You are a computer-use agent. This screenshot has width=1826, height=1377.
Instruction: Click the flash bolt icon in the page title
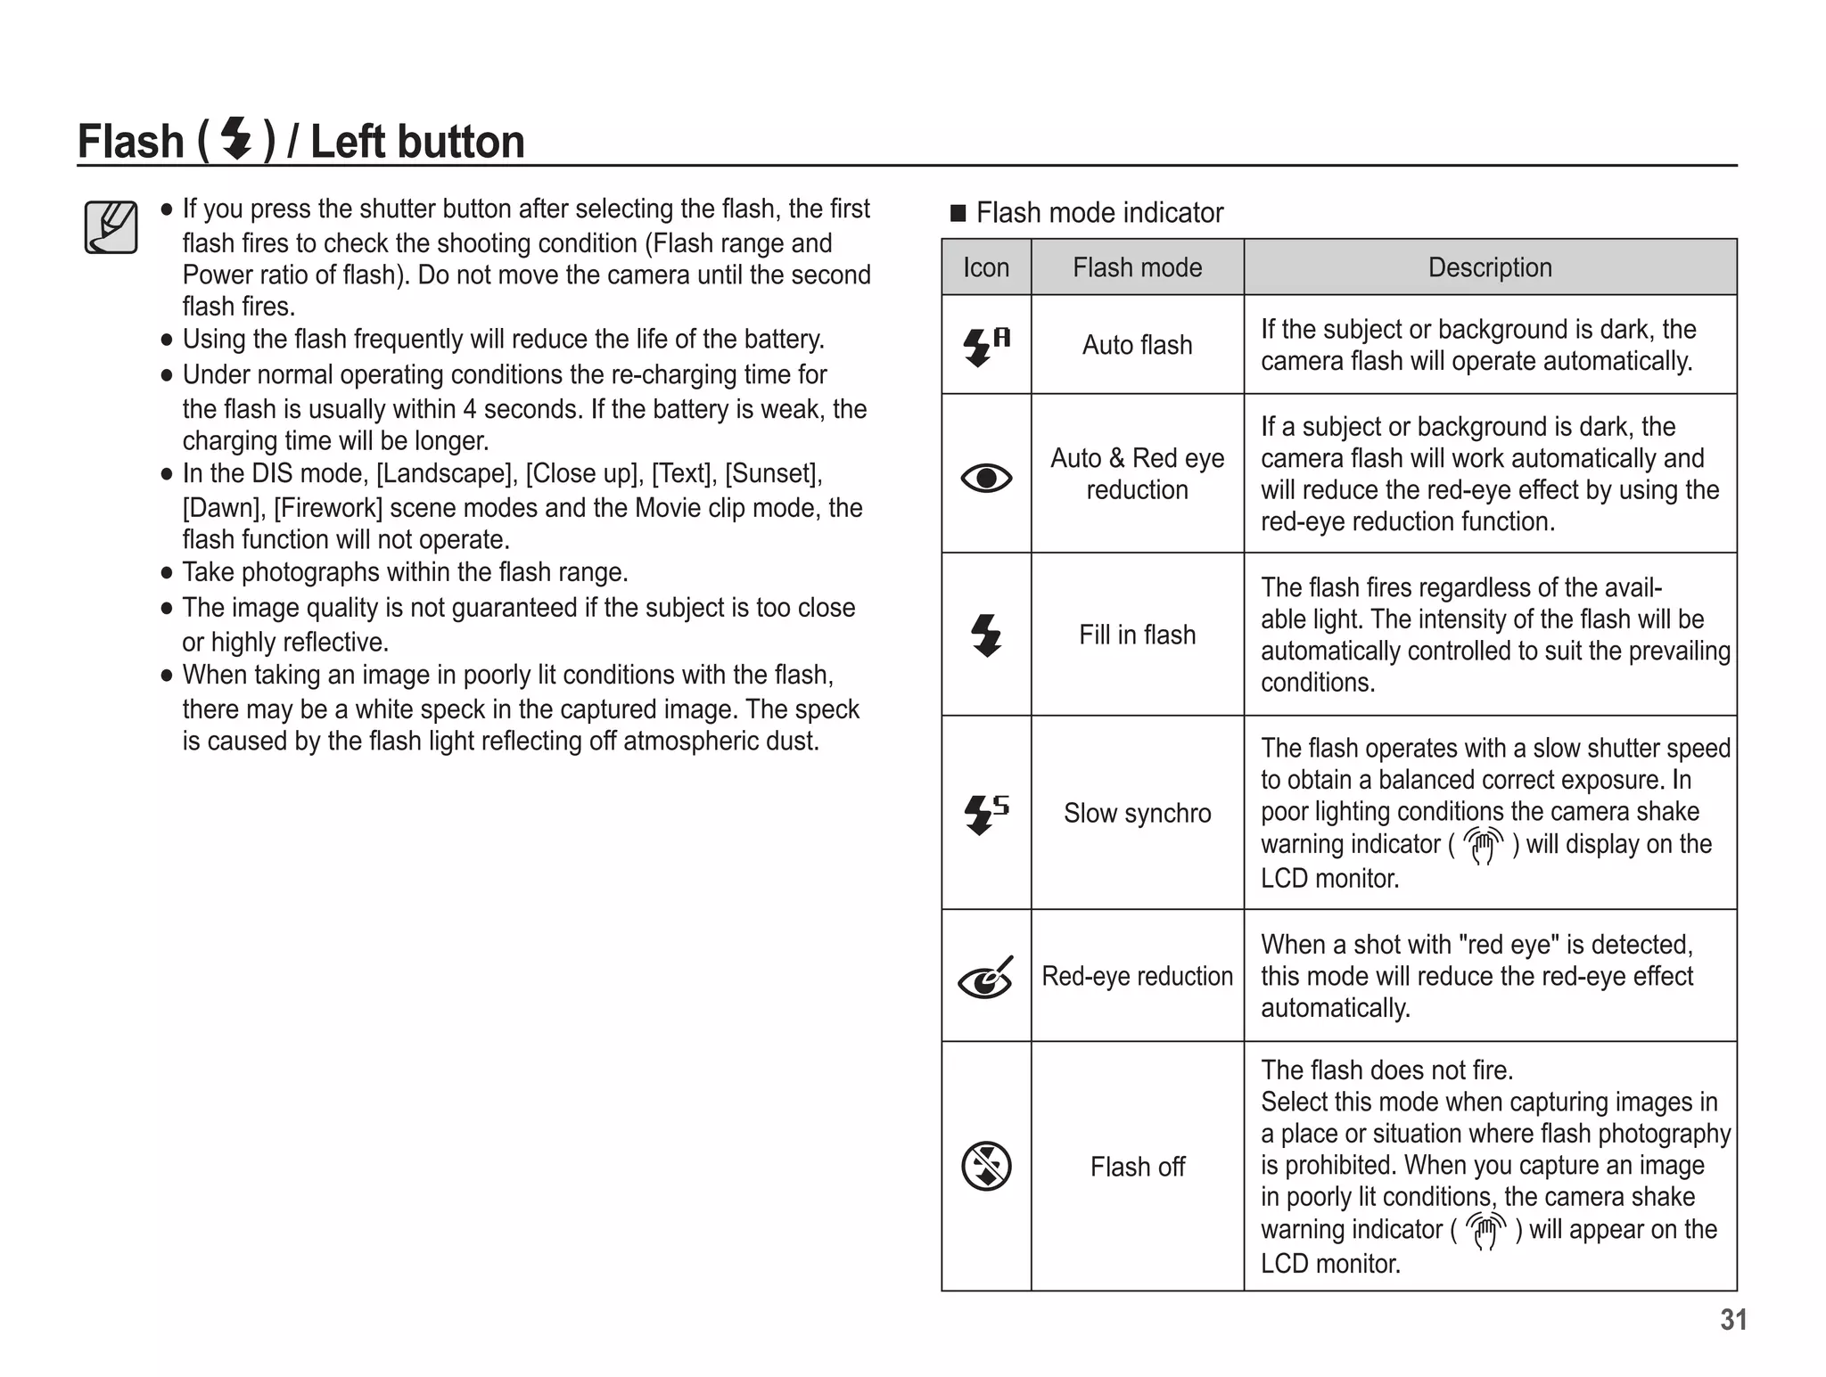[x=236, y=139]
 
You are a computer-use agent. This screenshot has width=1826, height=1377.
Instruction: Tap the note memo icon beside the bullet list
[x=111, y=227]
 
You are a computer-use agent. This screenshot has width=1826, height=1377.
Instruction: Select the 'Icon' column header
[x=985, y=267]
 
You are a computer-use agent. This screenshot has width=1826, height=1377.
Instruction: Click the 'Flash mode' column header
[x=1137, y=267]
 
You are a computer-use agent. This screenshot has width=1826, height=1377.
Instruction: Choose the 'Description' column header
[x=1490, y=267]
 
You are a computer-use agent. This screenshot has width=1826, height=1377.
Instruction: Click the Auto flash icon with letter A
[x=986, y=346]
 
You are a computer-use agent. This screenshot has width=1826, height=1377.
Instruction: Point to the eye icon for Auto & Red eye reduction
[x=986, y=479]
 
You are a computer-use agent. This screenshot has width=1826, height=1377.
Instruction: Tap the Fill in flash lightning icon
[x=986, y=635]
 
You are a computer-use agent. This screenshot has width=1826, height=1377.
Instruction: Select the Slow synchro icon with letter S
[x=986, y=813]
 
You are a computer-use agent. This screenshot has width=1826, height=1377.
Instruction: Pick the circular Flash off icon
[x=986, y=1166]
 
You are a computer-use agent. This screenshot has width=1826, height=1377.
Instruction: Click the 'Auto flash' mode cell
[x=1137, y=346]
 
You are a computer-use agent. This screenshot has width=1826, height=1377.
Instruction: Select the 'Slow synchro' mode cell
[x=1137, y=813]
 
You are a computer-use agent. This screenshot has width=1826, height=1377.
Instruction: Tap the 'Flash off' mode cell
[x=1137, y=1167]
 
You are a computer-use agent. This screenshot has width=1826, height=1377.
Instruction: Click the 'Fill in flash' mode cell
[x=1137, y=635]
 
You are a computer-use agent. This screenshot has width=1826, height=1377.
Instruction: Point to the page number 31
[x=1732, y=1320]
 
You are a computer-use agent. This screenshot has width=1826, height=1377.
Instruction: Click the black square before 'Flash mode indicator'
[x=958, y=213]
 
